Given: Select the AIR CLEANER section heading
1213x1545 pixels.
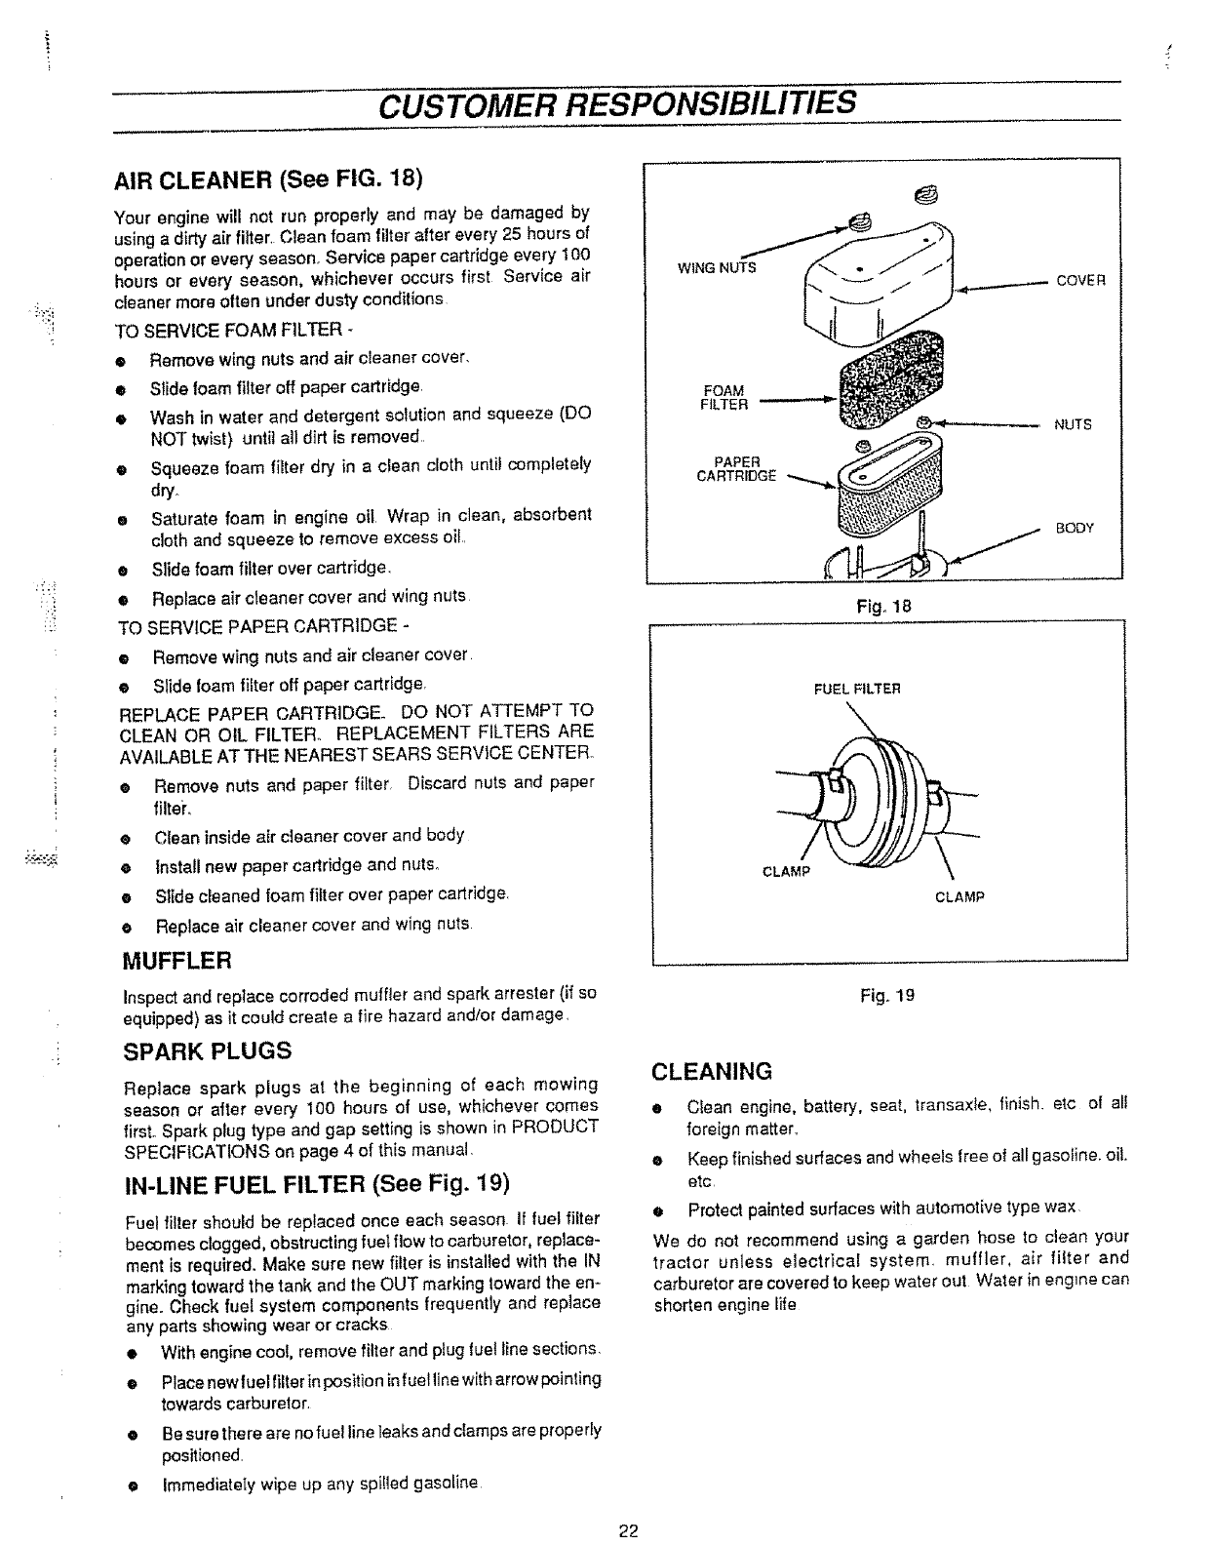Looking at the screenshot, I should pos(268,181).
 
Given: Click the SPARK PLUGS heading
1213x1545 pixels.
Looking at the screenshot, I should pos(207,1051).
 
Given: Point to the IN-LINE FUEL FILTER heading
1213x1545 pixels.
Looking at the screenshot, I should pos(318,1184).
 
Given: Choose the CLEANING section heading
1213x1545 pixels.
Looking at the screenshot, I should pos(712,1072).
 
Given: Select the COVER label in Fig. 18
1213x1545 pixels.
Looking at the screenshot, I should pos(1080,280).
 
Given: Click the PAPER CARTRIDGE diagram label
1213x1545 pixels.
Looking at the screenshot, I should pos(743,469).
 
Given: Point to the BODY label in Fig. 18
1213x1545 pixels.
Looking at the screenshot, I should pos(1075,529).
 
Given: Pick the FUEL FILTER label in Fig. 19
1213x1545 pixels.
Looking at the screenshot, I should pos(857,689).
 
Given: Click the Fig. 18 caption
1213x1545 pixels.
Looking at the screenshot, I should pos(882,607).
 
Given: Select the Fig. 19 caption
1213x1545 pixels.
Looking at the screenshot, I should pos(887,996).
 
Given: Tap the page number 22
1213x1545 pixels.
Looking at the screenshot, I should pos(627,1530).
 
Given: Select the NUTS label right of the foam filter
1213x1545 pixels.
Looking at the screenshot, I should pos(1073,425).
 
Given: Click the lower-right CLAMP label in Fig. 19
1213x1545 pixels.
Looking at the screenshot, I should pos(959,896).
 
